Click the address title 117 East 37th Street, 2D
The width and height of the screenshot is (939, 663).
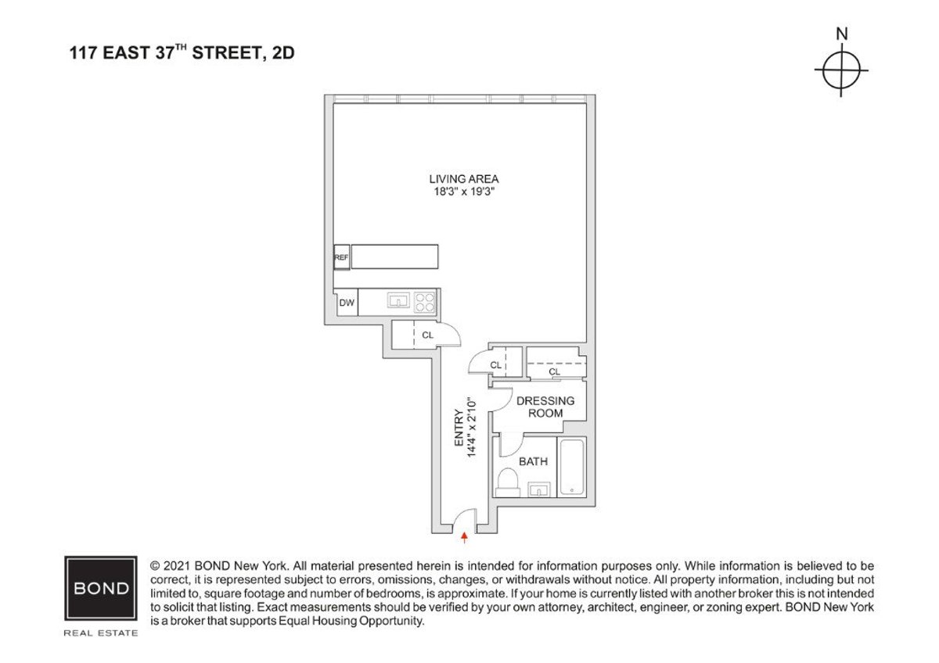click(182, 55)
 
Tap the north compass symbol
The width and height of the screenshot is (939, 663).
click(841, 72)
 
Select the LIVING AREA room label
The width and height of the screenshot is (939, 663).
click(469, 178)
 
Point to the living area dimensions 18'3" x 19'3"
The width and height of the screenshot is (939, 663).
click(469, 191)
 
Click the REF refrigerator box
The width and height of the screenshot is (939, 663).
click(341, 256)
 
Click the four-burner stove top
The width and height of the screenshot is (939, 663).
click(425, 302)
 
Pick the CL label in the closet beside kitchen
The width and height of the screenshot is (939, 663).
click(427, 335)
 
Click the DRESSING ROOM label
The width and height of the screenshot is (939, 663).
click(545, 407)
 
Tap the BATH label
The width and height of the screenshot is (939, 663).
click(533, 461)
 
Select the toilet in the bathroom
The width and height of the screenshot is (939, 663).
click(508, 481)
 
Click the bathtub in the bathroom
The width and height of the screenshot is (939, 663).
click(572, 468)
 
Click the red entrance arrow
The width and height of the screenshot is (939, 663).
click(465, 536)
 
